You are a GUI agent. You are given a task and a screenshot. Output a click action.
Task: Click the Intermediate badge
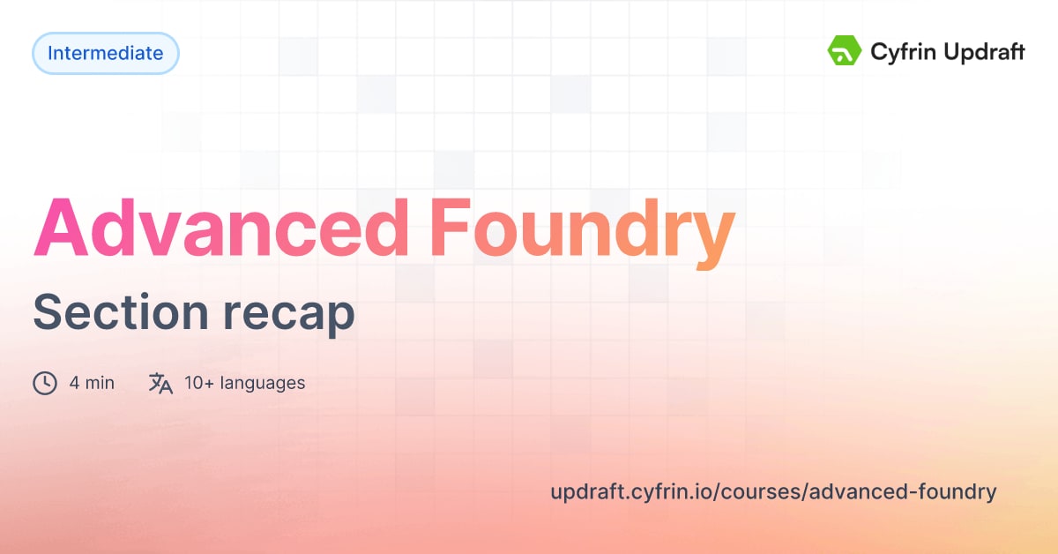tap(105, 53)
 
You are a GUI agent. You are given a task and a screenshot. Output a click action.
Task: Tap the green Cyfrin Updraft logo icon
tap(844, 52)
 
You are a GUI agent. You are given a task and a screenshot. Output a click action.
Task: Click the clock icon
tap(45, 383)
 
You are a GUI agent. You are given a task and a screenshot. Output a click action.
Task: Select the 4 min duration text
tap(92, 383)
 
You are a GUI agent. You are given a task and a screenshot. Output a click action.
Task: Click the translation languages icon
tap(160, 383)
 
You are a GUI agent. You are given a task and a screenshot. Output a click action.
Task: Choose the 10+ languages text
tap(244, 383)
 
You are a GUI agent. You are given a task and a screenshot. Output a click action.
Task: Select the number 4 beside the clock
tap(74, 383)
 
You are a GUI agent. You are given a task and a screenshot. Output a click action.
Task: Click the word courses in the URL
tap(760, 492)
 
